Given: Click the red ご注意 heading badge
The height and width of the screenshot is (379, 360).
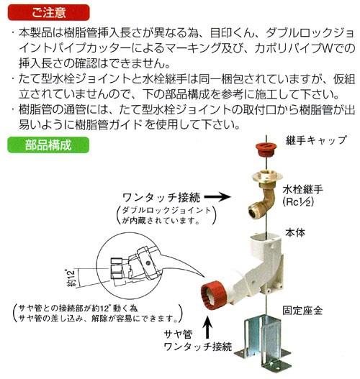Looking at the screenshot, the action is point(48,12).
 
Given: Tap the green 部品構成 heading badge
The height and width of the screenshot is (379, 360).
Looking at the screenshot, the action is point(48,145).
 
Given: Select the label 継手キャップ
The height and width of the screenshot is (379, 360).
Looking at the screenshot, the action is point(316,140).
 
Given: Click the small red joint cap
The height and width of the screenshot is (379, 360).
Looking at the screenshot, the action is point(266,150).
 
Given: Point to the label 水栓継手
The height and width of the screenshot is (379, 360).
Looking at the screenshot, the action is point(302,190).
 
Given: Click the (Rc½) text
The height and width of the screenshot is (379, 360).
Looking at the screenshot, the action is point(298,202).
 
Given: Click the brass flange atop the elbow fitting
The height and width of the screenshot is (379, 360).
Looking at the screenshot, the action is point(267,176).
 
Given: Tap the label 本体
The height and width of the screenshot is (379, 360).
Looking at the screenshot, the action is point(295,233).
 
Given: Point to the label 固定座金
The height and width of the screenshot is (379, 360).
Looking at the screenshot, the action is point(302,311).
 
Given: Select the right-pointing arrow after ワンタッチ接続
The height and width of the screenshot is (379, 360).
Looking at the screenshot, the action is point(217,197).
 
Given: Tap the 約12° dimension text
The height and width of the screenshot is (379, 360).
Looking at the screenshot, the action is point(71,278).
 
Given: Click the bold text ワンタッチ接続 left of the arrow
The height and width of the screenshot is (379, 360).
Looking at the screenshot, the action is point(161,198).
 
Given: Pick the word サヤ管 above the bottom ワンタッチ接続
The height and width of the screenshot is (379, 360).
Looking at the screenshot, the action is point(179,334).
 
